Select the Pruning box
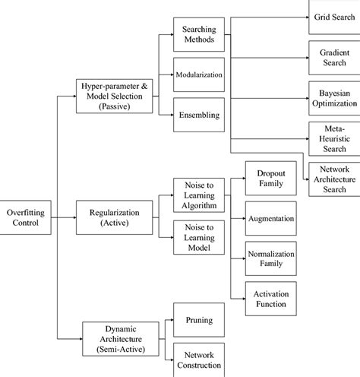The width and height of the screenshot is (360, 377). click(198, 321)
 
